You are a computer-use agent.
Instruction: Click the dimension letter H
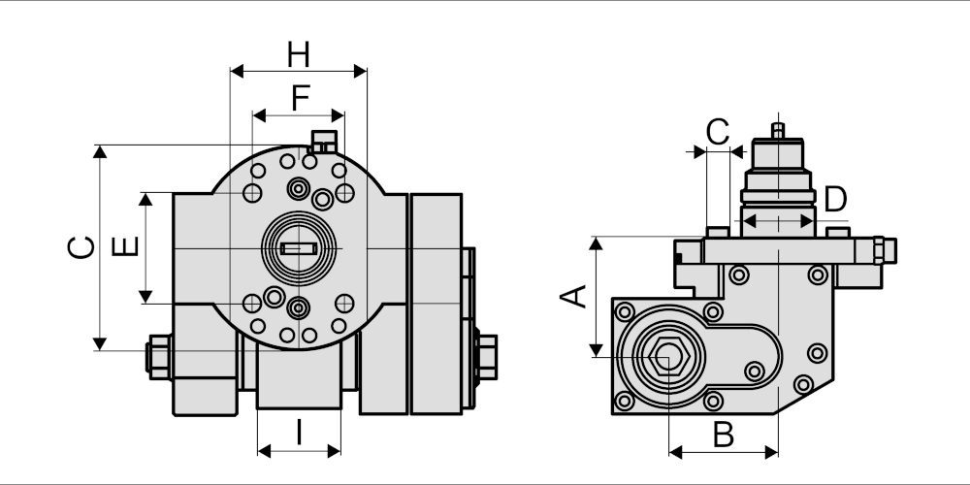tap(298, 54)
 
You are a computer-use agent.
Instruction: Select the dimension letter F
tap(301, 98)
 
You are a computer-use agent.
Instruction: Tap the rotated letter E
tap(125, 247)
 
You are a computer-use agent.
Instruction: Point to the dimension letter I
tap(300, 433)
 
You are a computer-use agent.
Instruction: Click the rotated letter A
tap(574, 296)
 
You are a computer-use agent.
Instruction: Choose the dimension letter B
tap(724, 435)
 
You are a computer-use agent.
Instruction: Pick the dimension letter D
tap(836, 199)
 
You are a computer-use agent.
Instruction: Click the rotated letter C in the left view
tap(81, 247)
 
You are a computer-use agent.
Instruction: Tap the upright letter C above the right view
tap(718, 132)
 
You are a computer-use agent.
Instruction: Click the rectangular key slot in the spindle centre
tap(299, 248)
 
